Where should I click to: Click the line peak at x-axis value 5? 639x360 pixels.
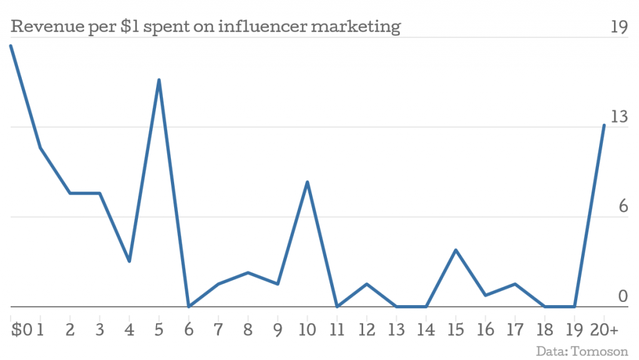(x=159, y=80)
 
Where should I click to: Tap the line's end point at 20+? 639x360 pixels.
(x=604, y=125)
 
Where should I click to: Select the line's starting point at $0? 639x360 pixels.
(x=11, y=46)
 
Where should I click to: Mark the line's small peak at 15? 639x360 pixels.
(x=456, y=250)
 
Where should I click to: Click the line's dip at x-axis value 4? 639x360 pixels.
(x=129, y=261)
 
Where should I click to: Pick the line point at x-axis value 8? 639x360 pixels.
(x=248, y=273)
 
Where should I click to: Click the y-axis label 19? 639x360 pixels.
(x=618, y=27)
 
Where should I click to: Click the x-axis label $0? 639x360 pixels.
(x=21, y=329)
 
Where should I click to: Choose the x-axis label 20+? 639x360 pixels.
(x=605, y=329)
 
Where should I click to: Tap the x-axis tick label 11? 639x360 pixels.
(x=337, y=329)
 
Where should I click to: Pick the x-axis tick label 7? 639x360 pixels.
(x=218, y=329)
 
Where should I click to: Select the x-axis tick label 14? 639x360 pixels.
(x=426, y=329)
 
